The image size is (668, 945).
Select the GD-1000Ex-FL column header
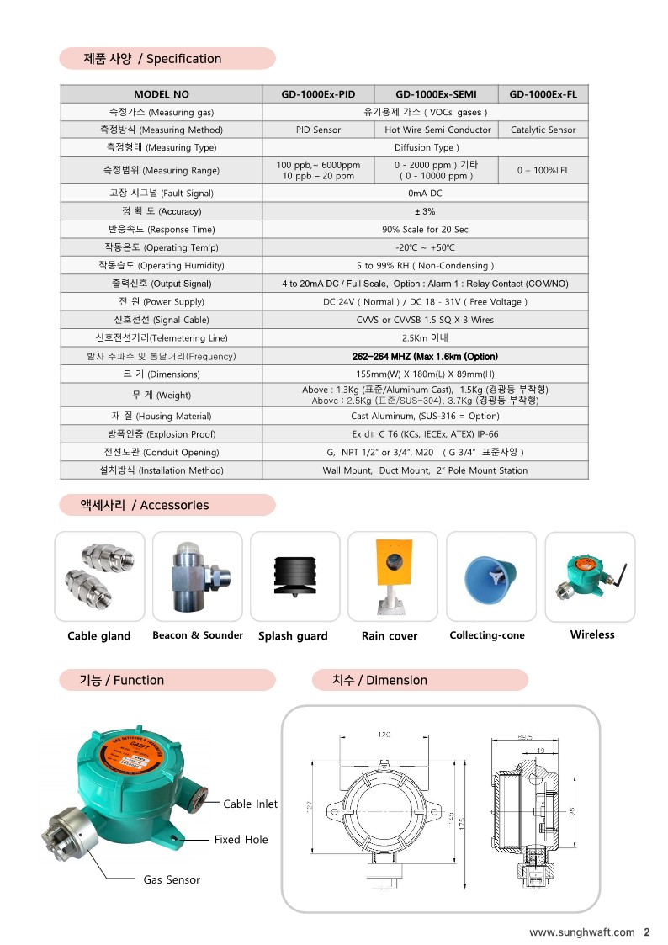coord(543,94)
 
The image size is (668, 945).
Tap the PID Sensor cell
coord(318,130)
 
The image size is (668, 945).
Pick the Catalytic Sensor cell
coord(543,130)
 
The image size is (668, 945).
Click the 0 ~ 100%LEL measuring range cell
coord(543,170)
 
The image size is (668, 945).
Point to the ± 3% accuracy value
coord(425,211)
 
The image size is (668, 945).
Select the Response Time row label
coord(162,229)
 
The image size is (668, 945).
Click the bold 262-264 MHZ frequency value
coord(425,356)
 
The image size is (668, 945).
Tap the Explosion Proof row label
coord(162,434)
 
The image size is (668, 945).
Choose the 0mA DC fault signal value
coord(425,193)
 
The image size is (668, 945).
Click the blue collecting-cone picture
coord(490,576)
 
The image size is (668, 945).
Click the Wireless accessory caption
coord(592,634)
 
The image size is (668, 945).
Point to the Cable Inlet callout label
coord(250,804)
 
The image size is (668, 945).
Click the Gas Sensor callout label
coord(172,879)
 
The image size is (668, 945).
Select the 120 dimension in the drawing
coord(384,735)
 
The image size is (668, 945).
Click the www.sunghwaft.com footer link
coord(581,932)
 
